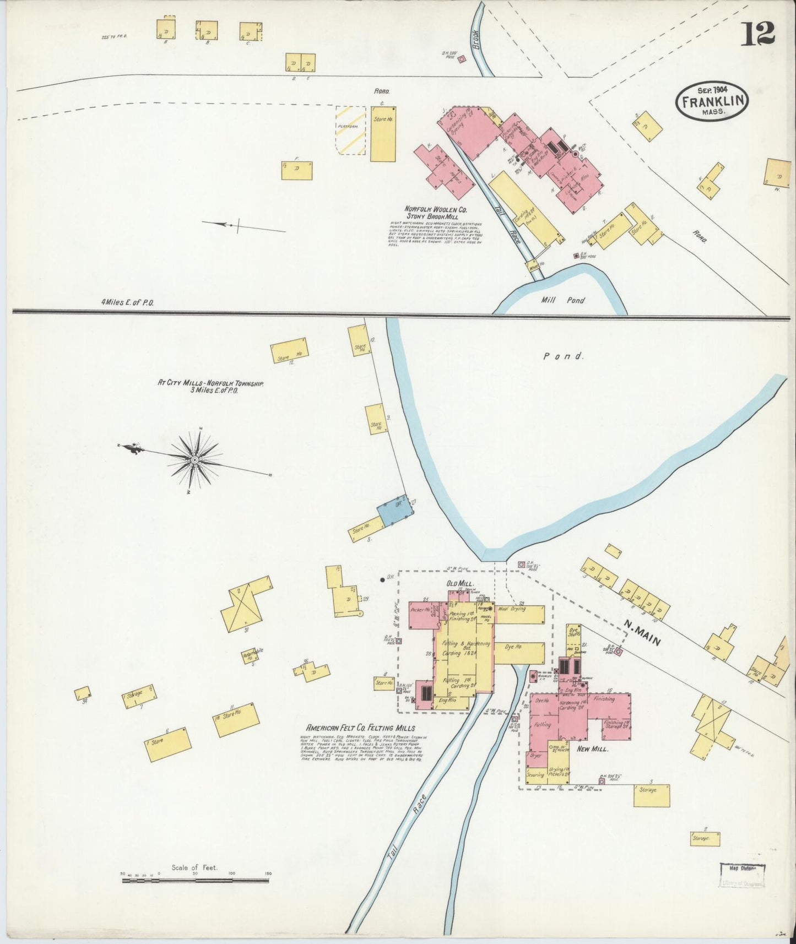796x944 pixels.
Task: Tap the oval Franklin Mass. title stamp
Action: tap(713, 101)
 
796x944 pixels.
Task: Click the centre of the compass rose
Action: tap(194, 459)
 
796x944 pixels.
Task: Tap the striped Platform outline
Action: tap(351, 129)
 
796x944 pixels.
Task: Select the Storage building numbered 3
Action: tap(652, 795)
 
